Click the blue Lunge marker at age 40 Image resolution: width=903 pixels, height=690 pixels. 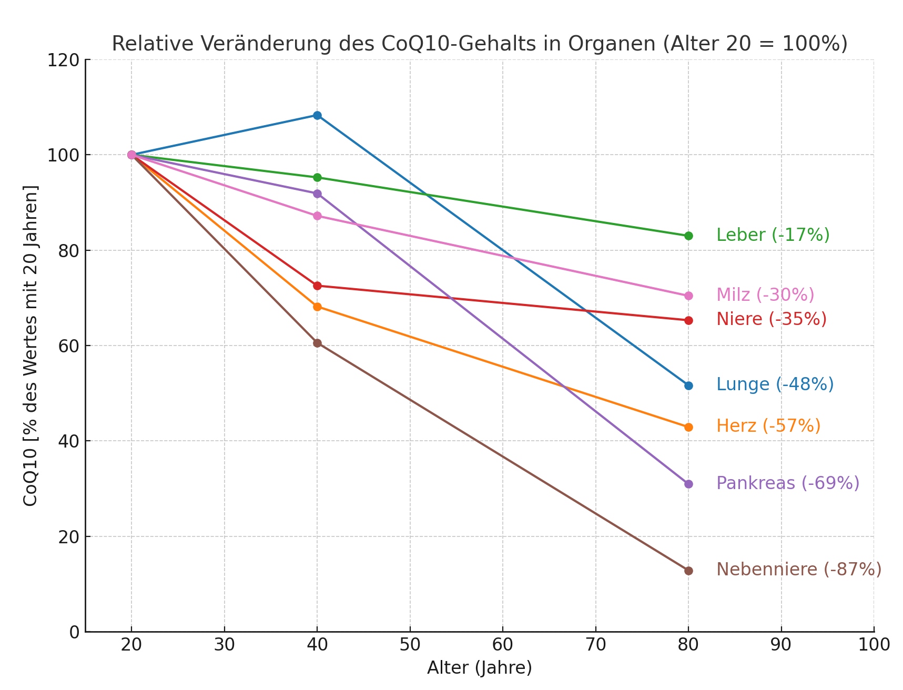coord(317,115)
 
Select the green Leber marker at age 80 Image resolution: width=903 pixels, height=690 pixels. coord(688,236)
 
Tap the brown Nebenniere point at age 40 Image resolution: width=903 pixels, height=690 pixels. coord(317,343)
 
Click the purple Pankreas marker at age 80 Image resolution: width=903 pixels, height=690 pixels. coord(688,484)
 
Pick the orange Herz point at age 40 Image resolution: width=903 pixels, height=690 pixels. coord(317,307)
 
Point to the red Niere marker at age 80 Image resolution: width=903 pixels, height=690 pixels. coord(688,320)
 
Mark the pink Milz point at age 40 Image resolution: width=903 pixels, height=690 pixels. coord(317,216)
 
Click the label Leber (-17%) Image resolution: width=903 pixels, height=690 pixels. coord(773,235)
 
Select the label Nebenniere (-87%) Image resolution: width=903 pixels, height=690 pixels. coord(798,570)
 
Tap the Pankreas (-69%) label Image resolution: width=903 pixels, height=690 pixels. coord(787,483)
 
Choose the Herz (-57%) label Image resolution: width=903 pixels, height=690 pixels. coord(768,426)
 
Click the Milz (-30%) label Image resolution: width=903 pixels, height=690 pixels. coord(765,295)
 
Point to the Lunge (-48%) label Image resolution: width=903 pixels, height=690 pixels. coord(775,384)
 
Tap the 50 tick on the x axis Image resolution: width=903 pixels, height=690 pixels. coord(410,645)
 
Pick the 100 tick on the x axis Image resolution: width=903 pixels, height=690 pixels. coord(874,645)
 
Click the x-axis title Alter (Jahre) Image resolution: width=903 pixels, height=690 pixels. coord(479,668)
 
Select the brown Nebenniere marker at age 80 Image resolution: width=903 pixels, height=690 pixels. coord(688,571)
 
